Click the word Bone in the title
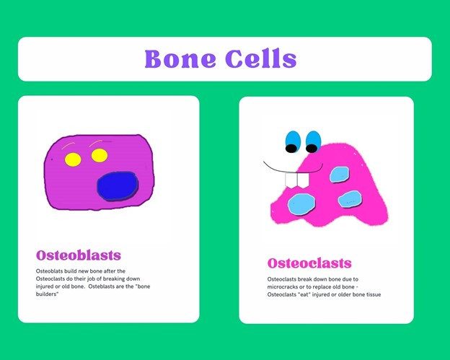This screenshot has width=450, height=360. tap(180, 58)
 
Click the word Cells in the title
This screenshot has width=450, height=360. tap(260, 58)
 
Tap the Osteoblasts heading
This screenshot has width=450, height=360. tap(79, 255)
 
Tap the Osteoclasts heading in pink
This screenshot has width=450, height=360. tap(309, 263)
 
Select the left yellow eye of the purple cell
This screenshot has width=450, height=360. tap(73, 159)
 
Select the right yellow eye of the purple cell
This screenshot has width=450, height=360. tap(100, 156)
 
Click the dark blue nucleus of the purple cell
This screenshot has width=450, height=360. tap(118, 186)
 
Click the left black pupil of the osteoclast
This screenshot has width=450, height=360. tap(291, 149)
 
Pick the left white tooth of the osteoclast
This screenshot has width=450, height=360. tap(291, 180)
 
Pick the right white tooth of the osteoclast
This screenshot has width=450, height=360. tap(303, 180)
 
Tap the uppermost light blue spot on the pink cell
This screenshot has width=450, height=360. tap(340, 175)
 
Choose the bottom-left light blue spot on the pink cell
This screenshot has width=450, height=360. tap(301, 204)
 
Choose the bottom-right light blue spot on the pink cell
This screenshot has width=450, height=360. tap(350, 199)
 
